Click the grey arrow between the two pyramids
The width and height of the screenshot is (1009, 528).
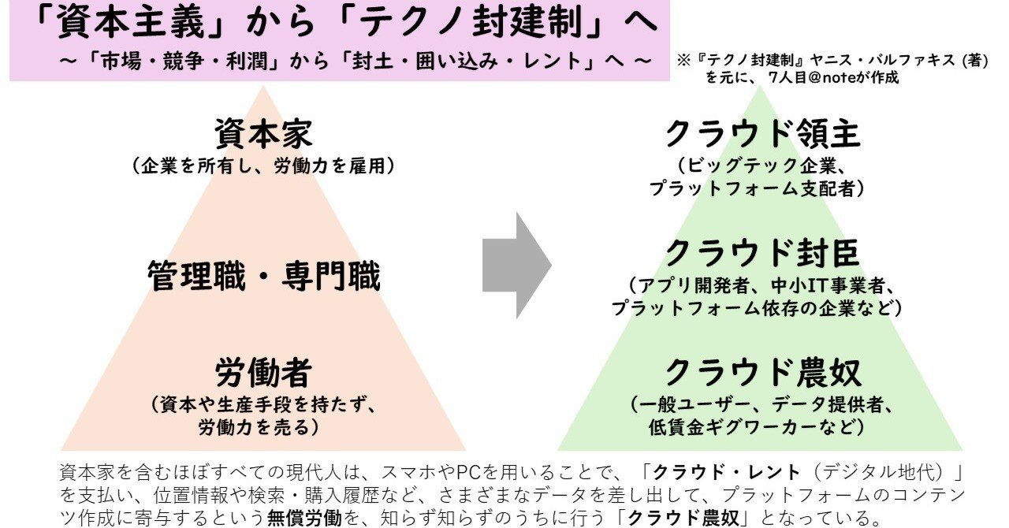pyautogui.click(x=516, y=265)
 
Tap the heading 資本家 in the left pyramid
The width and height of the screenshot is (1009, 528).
pyautogui.click(x=262, y=134)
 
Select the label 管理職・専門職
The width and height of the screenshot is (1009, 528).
pyautogui.click(x=264, y=277)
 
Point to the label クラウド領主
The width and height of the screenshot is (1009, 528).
pyautogui.click(x=761, y=134)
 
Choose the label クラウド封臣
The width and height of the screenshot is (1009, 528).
pyautogui.click(x=761, y=253)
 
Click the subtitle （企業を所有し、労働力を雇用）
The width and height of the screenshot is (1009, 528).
pyautogui.click(x=263, y=166)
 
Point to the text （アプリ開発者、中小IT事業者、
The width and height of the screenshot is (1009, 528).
pyautogui.click(x=761, y=284)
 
